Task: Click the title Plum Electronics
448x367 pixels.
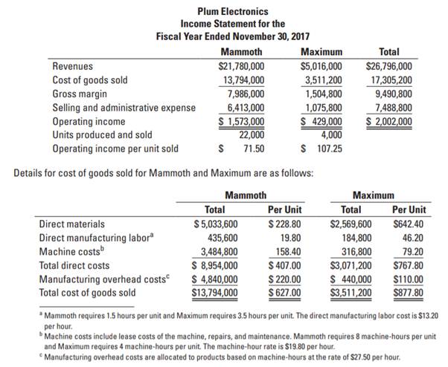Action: pos(234,12)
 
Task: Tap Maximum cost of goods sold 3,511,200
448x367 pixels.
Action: pos(321,80)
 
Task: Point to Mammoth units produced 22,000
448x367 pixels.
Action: pos(251,134)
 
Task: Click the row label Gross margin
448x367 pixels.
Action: pos(80,94)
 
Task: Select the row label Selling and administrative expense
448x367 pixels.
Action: pos(124,108)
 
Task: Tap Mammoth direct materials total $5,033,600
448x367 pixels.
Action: pos(215,224)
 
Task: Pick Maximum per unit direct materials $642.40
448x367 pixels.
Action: pos(409,224)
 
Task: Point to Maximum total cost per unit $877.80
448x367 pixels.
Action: pos(409,292)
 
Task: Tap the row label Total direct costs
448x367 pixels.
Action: pos(74,264)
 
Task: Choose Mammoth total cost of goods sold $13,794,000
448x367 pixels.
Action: pos(215,292)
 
